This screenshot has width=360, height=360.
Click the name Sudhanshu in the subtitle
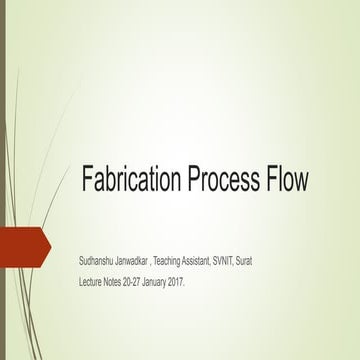coord(97,260)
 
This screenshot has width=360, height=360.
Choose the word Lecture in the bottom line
coord(91,283)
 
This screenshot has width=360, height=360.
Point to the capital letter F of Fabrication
coord(87,180)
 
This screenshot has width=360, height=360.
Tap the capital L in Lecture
coord(80,283)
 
